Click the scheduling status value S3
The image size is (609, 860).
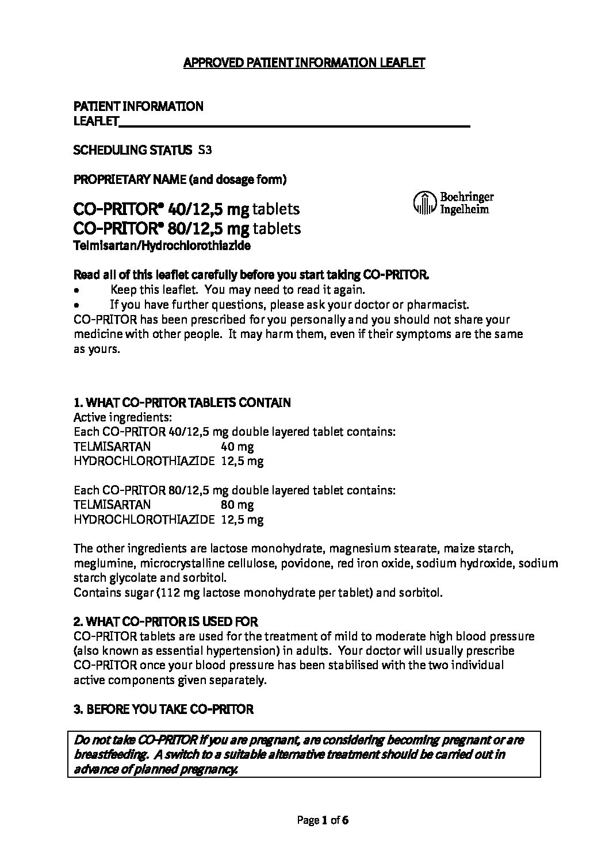[x=205, y=150]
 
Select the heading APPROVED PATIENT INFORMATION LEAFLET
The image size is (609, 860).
[x=304, y=63]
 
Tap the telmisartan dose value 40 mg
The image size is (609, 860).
[x=237, y=446]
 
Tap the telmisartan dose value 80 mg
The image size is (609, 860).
[x=237, y=505]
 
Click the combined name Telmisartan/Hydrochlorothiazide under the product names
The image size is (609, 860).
[x=163, y=245]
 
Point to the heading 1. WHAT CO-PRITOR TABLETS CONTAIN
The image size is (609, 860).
[x=182, y=402]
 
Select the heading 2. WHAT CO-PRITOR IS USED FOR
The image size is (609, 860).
[x=166, y=621]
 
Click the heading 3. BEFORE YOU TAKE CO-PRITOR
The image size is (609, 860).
[x=164, y=709]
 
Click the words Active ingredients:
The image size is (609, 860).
[x=123, y=417]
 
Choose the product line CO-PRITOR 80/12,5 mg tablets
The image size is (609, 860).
[x=187, y=229]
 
